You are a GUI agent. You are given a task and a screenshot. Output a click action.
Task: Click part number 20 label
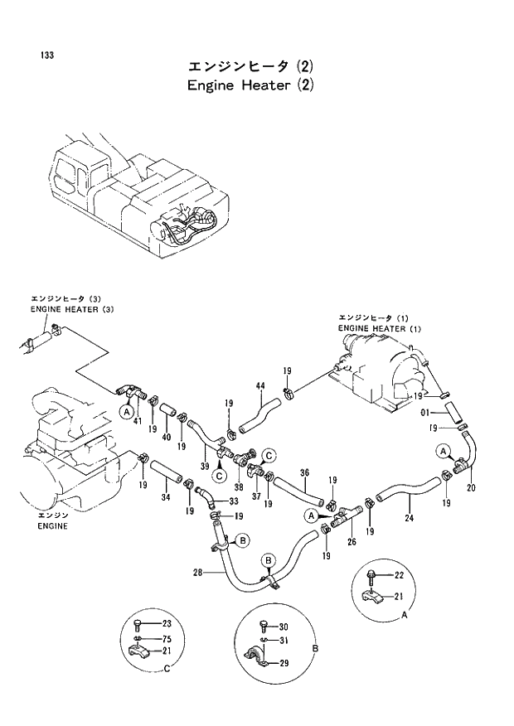[x=471, y=487]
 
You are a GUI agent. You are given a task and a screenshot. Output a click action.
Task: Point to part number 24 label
[x=409, y=520]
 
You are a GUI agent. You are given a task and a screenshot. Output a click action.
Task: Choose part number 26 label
[x=352, y=542]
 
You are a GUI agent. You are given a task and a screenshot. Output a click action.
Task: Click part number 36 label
[x=304, y=473]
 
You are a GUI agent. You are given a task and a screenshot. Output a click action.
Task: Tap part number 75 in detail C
[x=167, y=638]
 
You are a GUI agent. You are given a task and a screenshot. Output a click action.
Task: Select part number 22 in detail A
[x=399, y=575]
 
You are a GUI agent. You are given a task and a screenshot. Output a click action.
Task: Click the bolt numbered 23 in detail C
[x=138, y=624]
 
